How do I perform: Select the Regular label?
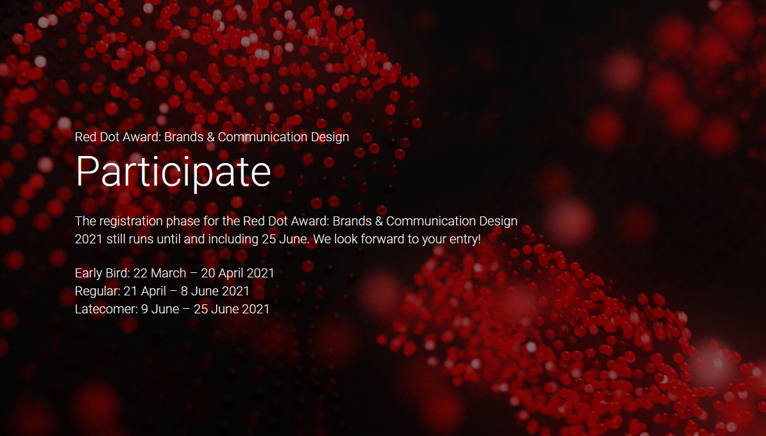pos(98,292)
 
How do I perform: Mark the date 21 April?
pos(144,292)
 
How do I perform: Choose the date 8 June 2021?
pos(216,291)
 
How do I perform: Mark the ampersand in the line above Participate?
pos(210,137)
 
